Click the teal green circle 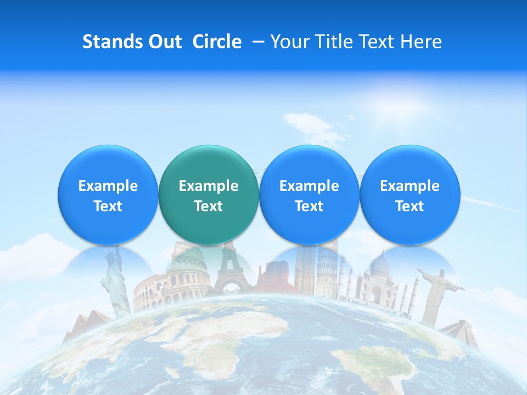(208, 195)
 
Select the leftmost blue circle (108, 195)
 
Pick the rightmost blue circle (410, 195)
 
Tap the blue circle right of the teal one (309, 195)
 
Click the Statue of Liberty (115, 280)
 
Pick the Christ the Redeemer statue (436, 291)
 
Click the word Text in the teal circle (208, 206)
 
